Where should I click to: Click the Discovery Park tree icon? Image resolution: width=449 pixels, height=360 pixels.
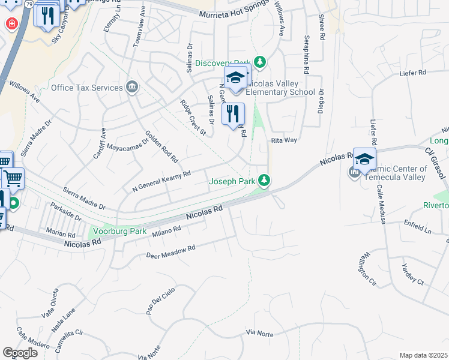[259, 62]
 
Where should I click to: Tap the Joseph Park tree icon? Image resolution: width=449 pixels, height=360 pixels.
[264, 180]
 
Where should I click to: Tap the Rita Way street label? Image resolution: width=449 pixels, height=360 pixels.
[285, 140]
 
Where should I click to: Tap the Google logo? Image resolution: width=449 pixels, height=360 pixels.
[20, 353]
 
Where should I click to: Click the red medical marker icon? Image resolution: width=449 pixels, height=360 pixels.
[11, 23]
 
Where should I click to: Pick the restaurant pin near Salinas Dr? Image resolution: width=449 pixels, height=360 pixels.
[233, 115]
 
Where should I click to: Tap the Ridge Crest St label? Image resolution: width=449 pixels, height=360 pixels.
[193, 117]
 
